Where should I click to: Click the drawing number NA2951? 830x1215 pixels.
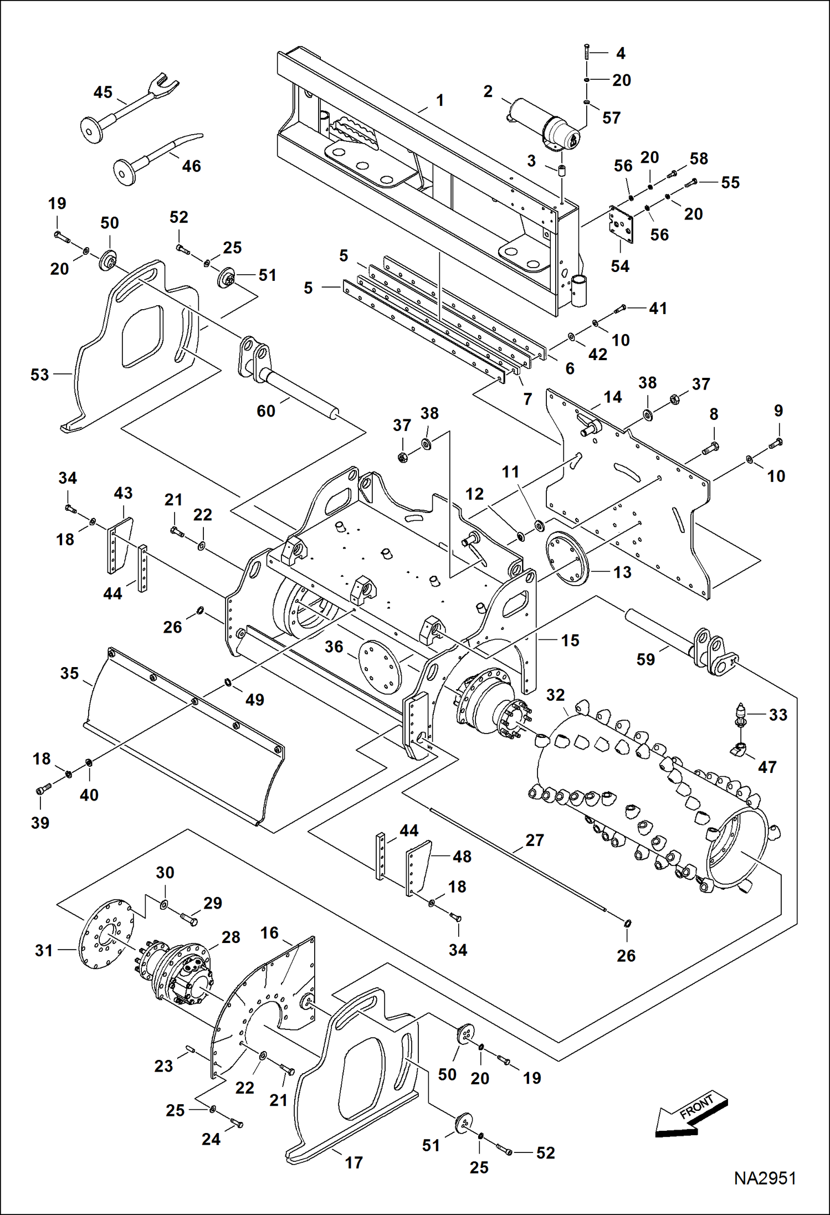pyautogui.click(x=765, y=1178)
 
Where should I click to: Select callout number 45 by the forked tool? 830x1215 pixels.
pyautogui.click(x=103, y=92)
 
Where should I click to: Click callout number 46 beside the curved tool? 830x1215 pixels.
pyautogui.click(x=191, y=166)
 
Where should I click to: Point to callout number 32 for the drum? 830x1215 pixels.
pyautogui.click(x=555, y=695)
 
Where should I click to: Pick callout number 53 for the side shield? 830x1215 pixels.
pyautogui.click(x=39, y=375)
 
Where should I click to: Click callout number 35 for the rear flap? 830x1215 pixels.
pyautogui.click(x=69, y=673)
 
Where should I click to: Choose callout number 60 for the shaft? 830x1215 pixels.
pyautogui.click(x=266, y=411)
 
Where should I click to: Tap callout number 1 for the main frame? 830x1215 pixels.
pyautogui.click(x=440, y=100)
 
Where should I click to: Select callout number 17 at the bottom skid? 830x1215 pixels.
pyautogui.click(x=353, y=1162)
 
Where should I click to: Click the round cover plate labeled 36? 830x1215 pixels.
pyautogui.click(x=380, y=667)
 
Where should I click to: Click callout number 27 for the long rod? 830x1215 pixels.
pyautogui.click(x=535, y=840)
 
